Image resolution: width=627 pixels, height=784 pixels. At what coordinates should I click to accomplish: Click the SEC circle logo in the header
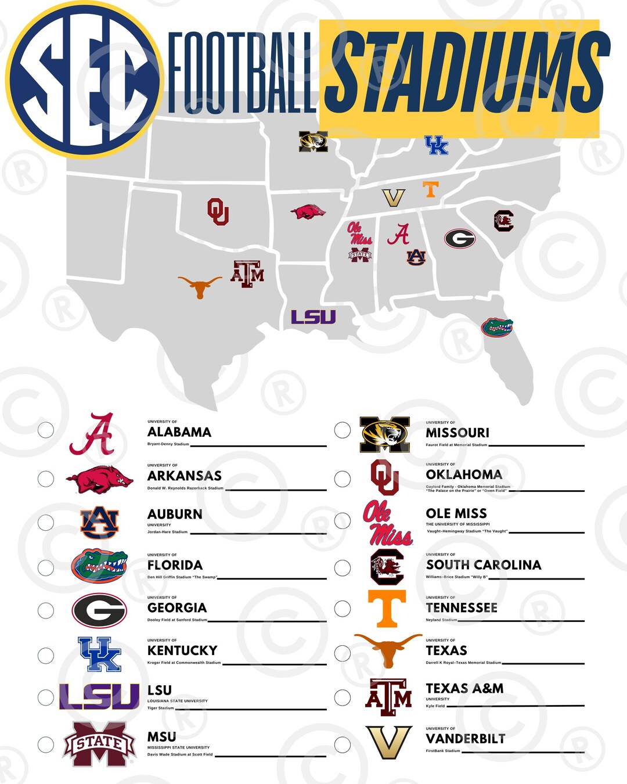coord(84,80)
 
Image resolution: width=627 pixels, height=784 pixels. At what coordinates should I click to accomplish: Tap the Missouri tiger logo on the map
coord(313,142)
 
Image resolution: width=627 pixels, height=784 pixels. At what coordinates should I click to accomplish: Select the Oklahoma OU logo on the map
coord(218,211)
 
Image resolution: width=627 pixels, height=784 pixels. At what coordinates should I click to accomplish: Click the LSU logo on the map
coord(313,317)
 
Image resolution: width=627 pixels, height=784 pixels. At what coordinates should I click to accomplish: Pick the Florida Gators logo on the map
coord(497,327)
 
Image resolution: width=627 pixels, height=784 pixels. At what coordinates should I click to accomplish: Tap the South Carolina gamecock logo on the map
coord(503,221)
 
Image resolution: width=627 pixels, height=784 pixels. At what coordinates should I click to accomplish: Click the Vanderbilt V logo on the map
coord(393,198)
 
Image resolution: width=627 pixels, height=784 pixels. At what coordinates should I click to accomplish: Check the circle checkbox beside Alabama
coord(46,430)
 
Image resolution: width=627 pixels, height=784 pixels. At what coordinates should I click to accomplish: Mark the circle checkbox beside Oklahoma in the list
coord(343,479)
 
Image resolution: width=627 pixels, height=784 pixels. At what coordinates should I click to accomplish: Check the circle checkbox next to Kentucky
coord(46,656)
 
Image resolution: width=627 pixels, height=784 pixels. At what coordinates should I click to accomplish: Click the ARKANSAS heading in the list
coord(185,476)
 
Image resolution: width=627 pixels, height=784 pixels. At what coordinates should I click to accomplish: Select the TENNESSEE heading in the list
coord(462,607)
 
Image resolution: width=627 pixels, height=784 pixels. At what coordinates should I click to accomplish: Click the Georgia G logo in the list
coord(99,610)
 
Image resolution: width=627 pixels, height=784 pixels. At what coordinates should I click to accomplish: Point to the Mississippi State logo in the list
coord(99,744)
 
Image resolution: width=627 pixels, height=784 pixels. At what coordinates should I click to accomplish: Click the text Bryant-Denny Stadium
coord(168,444)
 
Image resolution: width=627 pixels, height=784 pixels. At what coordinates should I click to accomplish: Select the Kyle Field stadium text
coord(435,706)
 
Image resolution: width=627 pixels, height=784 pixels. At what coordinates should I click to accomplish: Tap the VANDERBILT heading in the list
coord(466,739)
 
